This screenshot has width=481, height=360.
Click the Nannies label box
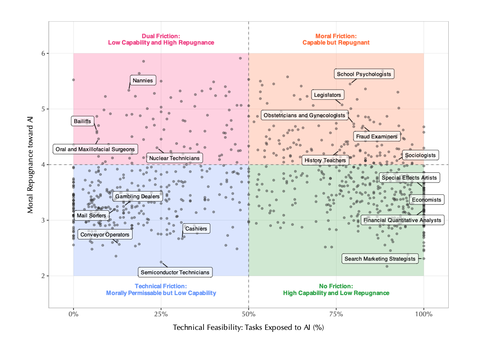tap(143, 80)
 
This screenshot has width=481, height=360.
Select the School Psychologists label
tap(364, 74)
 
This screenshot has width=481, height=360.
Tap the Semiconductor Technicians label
tap(175, 272)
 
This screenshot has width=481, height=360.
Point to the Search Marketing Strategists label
tap(380, 259)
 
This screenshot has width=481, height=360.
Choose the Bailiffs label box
tap(82, 121)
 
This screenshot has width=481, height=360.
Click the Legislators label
tap(328, 95)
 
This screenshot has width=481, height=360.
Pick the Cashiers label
tap(196, 229)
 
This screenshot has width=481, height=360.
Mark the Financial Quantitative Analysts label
tap(402, 220)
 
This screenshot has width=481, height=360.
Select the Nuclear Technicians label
tap(174, 158)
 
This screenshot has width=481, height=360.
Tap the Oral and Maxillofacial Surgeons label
tap(95, 149)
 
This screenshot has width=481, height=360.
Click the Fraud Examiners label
tap(377, 137)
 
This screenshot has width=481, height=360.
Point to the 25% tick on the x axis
tap(161, 315)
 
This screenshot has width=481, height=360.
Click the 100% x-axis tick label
tap(424, 315)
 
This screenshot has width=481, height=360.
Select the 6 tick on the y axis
tap(42, 53)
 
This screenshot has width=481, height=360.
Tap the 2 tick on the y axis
tap(42, 276)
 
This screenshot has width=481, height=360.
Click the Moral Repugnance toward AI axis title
tap(31, 164)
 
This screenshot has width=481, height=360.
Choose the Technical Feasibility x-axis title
tap(249, 328)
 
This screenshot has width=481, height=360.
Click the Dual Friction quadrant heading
tap(161, 39)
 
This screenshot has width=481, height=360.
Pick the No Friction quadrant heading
tap(336, 290)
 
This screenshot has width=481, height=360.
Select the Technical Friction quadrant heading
tap(161, 290)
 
